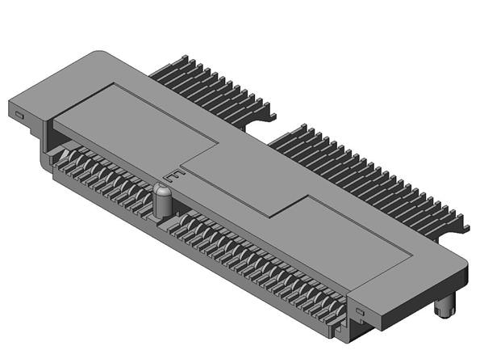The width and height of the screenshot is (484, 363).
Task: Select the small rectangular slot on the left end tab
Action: pos(19,115)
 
